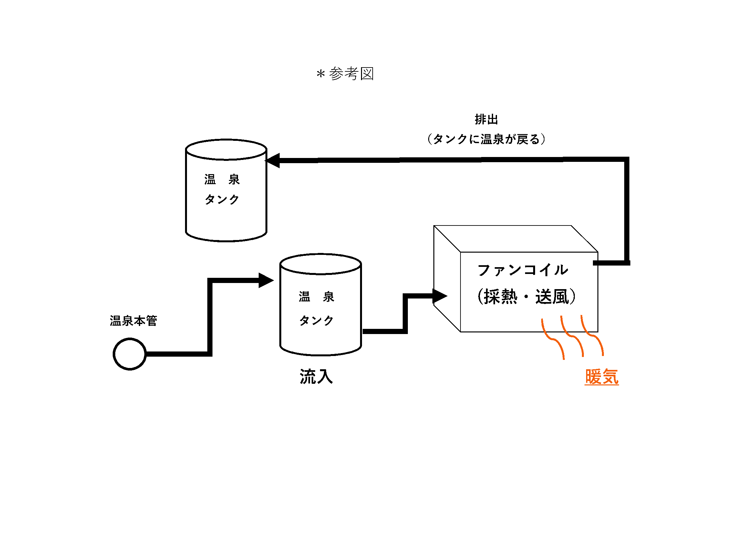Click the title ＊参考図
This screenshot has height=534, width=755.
coord(345,74)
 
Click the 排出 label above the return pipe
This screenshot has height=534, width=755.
coord(486,120)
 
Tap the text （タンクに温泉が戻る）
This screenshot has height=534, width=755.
coord(486,139)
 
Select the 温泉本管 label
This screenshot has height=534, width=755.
coord(133,321)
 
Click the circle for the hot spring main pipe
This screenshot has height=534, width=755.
coord(129,354)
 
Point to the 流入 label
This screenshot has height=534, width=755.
coord(316,377)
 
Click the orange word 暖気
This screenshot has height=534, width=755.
coord(601,377)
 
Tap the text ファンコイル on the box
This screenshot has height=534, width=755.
coord(522,270)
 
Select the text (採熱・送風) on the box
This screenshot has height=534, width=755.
coord(526,297)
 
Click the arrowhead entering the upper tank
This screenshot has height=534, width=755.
coord(274,161)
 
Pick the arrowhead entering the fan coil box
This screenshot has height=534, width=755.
coord(439,296)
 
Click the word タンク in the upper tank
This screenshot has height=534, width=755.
coord(222,199)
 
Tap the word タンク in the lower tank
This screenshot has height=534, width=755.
coord(316,320)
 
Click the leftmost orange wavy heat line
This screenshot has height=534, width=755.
coord(553,339)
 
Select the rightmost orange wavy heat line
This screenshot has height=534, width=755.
coord(592,336)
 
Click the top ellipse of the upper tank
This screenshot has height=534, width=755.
coord(226,150)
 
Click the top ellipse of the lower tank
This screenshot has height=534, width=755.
coord(320,264)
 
